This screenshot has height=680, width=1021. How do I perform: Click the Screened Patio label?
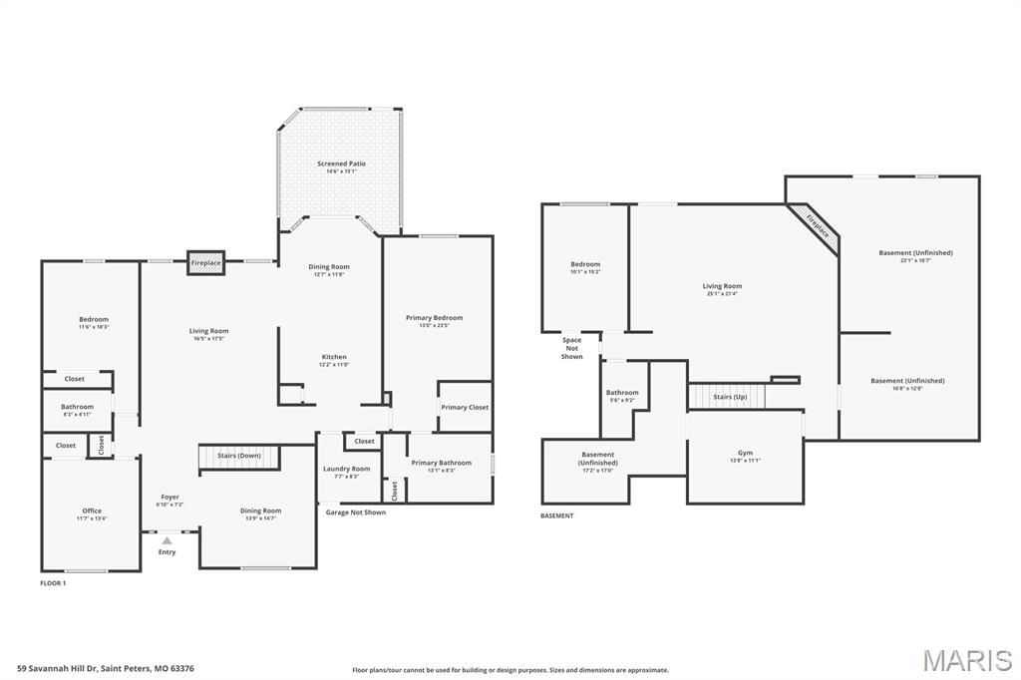click(341, 164)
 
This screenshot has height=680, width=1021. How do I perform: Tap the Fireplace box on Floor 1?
click(206, 262)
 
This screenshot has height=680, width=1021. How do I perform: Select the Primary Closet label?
click(465, 407)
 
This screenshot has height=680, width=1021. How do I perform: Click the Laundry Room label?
click(346, 469)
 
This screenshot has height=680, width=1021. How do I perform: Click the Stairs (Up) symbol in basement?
click(730, 397)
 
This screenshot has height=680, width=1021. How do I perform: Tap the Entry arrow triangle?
click(167, 540)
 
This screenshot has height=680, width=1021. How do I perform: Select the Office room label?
click(91, 511)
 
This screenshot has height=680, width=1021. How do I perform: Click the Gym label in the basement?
click(745, 452)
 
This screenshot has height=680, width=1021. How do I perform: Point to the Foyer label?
click(170, 497)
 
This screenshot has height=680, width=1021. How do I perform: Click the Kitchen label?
click(334, 357)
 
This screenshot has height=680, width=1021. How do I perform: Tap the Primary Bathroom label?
click(441, 463)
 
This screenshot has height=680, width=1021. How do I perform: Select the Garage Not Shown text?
click(355, 512)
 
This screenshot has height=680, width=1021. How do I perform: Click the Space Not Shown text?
click(571, 348)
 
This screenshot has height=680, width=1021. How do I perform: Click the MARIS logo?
click(967, 660)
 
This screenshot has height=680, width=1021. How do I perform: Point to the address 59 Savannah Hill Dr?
click(105, 669)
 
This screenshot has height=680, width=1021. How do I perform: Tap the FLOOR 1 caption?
click(53, 582)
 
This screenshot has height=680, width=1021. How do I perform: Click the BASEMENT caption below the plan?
click(556, 515)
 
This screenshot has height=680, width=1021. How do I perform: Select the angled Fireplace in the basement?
click(816, 226)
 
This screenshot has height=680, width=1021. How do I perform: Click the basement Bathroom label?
click(622, 393)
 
